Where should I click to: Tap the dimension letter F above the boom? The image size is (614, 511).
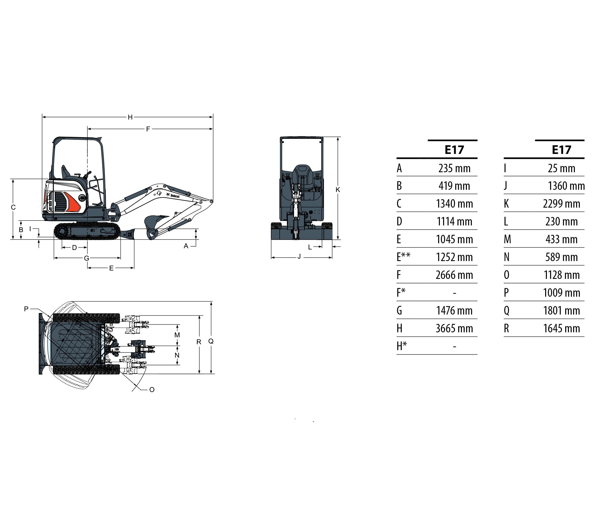(x=148, y=129)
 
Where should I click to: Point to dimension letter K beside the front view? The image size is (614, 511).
(x=338, y=190)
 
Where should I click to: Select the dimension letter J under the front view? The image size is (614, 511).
(x=299, y=257)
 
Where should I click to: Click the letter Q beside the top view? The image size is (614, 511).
(x=211, y=341)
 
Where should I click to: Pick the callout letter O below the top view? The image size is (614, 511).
(x=152, y=390)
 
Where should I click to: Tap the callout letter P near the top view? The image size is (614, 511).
(x=26, y=309)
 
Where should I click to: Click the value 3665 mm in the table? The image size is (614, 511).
(x=454, y=329)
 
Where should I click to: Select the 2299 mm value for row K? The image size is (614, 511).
(x=561, y=204)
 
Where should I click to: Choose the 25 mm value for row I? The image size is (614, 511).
(x=561, y=169)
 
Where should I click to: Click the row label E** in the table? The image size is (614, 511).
(x=403, y=257)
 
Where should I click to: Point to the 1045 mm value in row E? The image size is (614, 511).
(x=454, y=240)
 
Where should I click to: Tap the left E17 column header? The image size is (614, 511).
(x=454, y=150)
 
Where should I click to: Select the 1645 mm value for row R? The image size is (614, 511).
(x=561, y=329)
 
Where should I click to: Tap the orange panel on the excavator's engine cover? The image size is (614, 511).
(x=73, y=202)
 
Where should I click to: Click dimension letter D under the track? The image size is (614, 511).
(x=74, y=248)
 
